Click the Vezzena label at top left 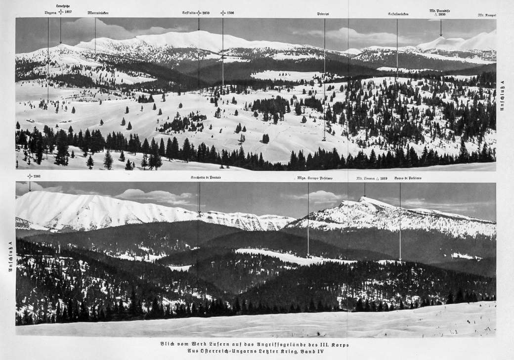[x=50, y=12]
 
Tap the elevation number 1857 [x=68, y=12]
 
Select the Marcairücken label [x=97, y=13]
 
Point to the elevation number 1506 [x=230, y=13]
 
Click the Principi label [x=324, y=14]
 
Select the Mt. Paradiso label [x=438, y=10]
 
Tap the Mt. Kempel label [x=487, y=15]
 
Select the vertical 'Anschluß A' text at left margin [x=8, y=257]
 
